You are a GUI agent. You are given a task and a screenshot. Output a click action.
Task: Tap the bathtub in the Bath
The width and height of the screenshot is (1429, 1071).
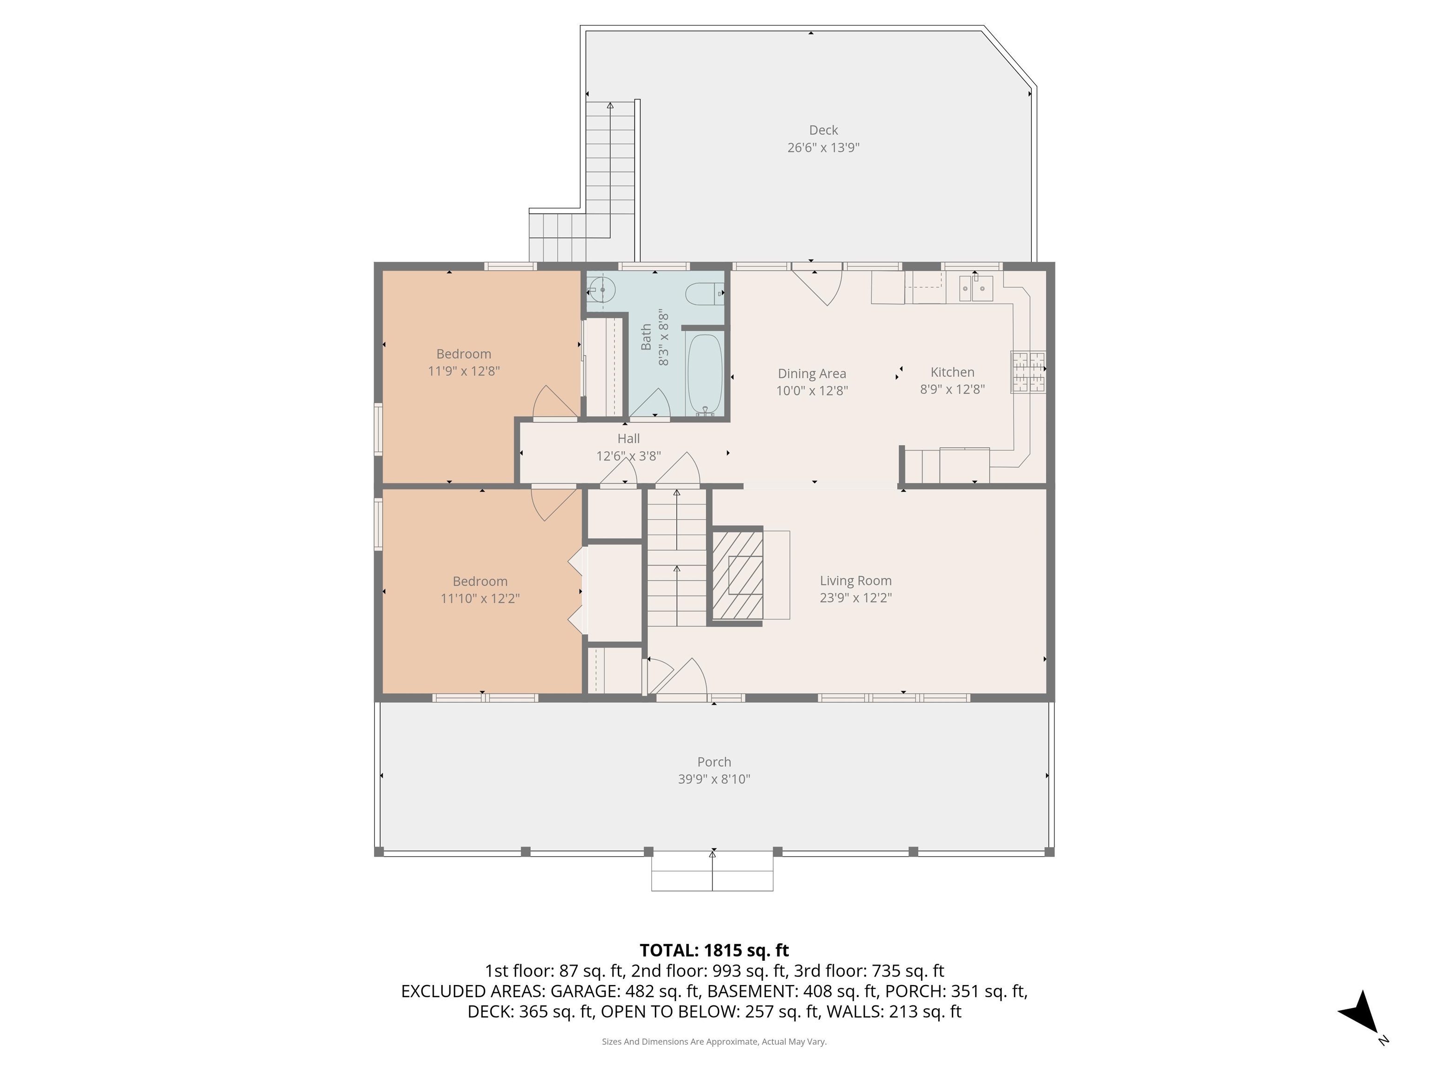pos(704,374)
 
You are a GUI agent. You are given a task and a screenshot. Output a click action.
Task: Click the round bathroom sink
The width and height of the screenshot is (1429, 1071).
pos(602,290)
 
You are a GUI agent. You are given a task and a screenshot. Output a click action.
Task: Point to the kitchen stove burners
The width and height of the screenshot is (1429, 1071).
pos(1028,372)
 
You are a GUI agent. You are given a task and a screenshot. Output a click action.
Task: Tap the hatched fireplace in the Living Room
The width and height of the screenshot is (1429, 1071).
pos(738,575)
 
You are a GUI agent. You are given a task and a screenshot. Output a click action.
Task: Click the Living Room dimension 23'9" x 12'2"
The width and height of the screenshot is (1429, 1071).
pos(855,598)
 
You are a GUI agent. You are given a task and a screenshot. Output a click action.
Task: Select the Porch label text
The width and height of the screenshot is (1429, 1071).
pos(714,762)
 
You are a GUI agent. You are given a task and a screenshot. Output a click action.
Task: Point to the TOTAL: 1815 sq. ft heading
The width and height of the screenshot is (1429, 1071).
pos(714,950)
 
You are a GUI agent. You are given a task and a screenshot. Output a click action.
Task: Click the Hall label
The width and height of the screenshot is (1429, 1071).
pos(628,438)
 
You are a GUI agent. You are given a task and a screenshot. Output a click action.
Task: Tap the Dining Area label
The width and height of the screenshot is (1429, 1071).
pos(811,373)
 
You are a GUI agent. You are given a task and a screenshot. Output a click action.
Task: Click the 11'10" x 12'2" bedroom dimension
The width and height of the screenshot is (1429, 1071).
pos(480,598)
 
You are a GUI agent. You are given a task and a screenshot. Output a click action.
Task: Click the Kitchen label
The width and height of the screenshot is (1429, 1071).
pos(952,372)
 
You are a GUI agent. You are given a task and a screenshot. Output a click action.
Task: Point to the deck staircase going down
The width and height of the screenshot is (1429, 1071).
pos(610,168)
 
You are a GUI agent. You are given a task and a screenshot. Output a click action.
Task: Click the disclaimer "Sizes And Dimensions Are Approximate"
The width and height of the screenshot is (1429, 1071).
pos(714,1041)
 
